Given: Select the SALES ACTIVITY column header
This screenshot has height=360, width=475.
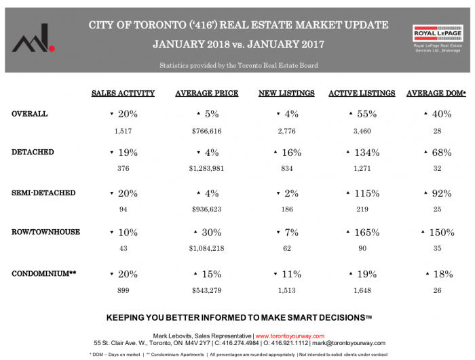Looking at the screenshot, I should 123,93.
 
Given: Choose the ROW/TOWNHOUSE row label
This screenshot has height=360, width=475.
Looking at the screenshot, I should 45,232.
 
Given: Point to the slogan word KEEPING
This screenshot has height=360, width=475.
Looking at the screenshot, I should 130,317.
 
